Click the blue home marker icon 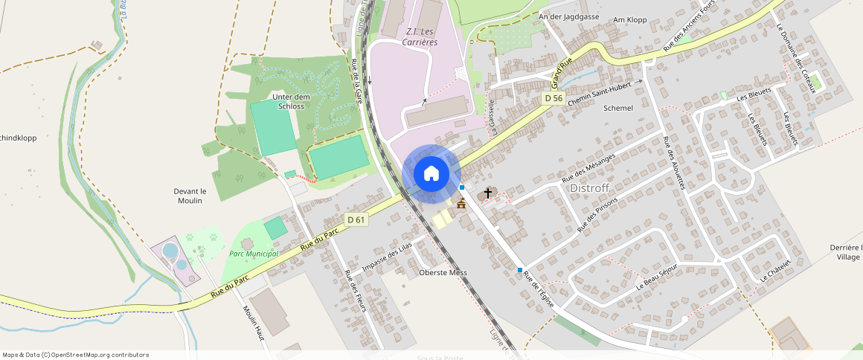431,174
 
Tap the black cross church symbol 488,193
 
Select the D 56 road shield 553,98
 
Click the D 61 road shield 356,219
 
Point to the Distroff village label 589,188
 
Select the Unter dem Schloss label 290,101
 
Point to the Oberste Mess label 443,273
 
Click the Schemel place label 618,108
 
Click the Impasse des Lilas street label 385,257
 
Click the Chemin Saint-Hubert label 604,93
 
